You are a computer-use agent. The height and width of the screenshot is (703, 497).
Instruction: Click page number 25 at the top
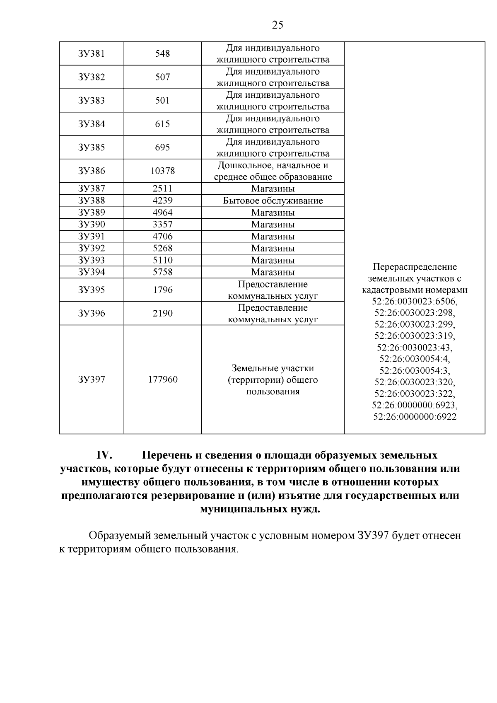[x=278, y=25]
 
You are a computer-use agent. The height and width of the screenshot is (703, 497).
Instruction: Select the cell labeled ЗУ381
[x=92, y=54]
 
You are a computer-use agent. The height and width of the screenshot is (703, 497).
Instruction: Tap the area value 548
[x=162, y=54]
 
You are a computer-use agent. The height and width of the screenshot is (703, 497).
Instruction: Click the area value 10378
[x=162, y=171]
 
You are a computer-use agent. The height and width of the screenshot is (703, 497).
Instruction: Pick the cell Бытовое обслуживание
[x=273, y=201]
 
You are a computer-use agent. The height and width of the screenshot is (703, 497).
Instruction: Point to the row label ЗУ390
[x=92, y=225]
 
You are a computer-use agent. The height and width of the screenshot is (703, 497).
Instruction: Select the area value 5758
[x=162, y=272]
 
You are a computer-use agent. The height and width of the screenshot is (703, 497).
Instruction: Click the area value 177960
[x=162, y=379]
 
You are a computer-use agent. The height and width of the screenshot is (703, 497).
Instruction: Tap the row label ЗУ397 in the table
[x=92, y=379]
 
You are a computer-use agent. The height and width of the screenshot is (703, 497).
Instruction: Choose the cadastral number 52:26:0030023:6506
[x=415, y=301]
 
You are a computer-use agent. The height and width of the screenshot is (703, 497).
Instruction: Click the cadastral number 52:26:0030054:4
[x=415, y=358]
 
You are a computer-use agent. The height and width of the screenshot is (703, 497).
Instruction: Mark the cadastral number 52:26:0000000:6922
[x=415, y=416]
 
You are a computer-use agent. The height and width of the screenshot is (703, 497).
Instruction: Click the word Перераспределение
[x=415, y=267]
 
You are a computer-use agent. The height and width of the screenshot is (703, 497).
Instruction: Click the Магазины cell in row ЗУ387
[x=273, y=189]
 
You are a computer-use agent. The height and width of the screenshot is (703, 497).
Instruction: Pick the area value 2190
[x=162, y=313]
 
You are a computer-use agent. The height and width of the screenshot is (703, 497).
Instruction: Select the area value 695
[x=162, y=147]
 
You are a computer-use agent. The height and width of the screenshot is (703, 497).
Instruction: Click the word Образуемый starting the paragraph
[x=120, y=536]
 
